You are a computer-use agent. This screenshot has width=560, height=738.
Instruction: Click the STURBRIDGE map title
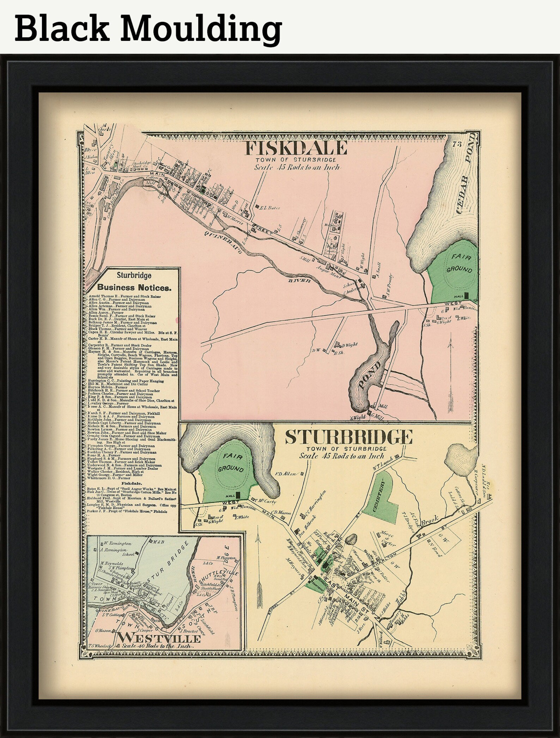click(x=348, y=437)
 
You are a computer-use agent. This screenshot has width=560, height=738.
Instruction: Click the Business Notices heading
click(x=134, y=287)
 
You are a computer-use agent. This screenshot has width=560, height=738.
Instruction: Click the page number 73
click(x=457, y=144)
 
